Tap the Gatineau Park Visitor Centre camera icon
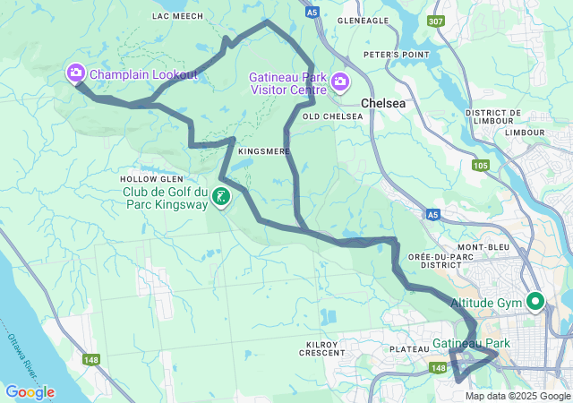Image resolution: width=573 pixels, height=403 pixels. (340, 83)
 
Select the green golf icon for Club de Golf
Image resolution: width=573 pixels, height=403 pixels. (220, 196)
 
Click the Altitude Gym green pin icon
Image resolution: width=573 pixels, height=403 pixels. (535, 302)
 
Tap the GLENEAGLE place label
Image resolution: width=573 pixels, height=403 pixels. (363, 21)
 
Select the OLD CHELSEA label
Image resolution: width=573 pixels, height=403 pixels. (333, 116)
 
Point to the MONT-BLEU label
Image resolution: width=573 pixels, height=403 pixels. (483, 246)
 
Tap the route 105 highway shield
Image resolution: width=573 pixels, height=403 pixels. (480, 165)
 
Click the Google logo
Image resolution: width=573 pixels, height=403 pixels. (30, 392)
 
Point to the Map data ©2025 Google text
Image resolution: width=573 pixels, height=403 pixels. (517, 396)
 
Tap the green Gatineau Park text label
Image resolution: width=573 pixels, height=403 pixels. (471, 344)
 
